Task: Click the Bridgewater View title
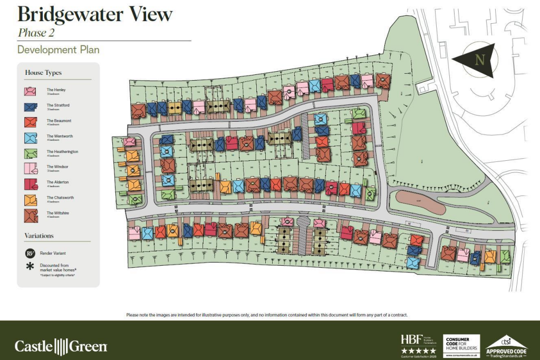[95, 14]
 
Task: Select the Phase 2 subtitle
[36, 33]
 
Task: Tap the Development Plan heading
[58, 50]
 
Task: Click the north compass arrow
[475, 60]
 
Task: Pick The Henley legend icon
[31, 91]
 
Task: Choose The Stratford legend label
[58, 105]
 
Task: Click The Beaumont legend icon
[31, 122]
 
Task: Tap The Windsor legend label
[57, 167]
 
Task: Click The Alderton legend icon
[31, 184]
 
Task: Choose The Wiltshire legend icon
[31, 215]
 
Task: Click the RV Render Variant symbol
[30, 253]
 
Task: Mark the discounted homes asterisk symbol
[30, 266]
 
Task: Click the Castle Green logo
[61, 346]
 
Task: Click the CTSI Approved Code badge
[506, 345]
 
